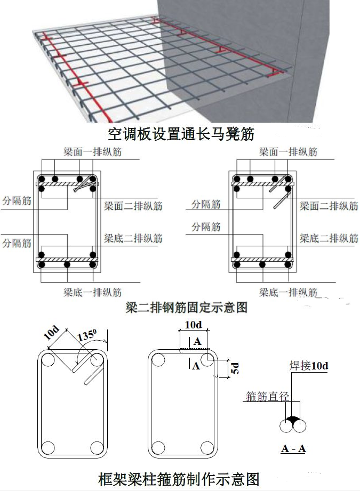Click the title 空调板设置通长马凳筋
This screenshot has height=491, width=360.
(181, 134)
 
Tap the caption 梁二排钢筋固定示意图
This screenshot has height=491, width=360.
(187, 307)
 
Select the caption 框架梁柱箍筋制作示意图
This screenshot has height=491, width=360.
(179, 479)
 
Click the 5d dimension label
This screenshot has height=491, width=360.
(235, 368)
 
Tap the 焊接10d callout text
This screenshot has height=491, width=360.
(309, 365)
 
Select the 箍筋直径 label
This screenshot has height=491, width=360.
(267, 397)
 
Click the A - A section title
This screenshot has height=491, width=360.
(293, 449)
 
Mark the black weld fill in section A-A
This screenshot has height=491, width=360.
(293, 419)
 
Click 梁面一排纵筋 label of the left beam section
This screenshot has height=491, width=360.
(92, 152)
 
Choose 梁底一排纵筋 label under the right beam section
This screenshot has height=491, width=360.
(288, 293)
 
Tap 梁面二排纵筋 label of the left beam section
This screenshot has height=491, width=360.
(133, 206)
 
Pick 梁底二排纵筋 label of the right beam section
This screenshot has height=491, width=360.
(329, 238)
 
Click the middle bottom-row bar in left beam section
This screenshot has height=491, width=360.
(67, 265)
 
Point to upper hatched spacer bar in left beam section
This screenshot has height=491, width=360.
(67, 184)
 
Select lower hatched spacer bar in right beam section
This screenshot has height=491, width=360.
(262, 260)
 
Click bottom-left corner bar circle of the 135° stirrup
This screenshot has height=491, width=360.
(48, 447)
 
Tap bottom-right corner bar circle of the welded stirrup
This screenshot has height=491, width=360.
(207, 448)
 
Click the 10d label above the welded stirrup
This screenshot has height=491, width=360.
(193, 325)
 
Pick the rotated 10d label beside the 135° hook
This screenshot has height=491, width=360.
(51, 333)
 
